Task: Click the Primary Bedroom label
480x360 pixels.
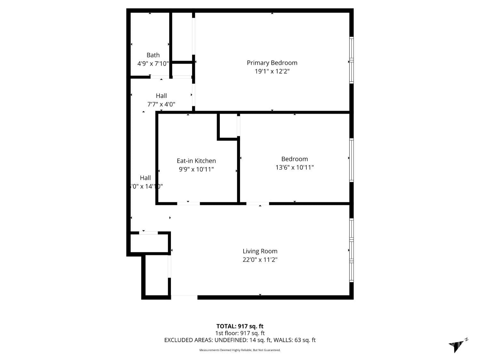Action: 272,63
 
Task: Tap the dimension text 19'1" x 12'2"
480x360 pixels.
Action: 272,71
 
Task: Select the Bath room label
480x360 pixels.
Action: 153,55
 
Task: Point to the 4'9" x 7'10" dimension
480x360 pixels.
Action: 153,64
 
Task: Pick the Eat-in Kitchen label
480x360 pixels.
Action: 196,161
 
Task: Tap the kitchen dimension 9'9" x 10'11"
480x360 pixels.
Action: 196,169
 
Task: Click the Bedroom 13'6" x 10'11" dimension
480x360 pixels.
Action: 294,167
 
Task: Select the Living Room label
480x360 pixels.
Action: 260,251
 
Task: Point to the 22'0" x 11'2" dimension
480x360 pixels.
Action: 260,260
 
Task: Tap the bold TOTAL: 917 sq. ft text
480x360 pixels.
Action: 240,326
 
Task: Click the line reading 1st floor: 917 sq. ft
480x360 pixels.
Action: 240,333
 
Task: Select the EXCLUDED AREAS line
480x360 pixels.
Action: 240,340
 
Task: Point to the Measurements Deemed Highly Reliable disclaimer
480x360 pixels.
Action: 240,350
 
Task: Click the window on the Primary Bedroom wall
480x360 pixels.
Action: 351,60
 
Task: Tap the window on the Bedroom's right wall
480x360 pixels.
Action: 351,160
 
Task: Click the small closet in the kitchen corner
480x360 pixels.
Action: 228,126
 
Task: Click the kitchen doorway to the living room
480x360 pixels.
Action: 188,204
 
